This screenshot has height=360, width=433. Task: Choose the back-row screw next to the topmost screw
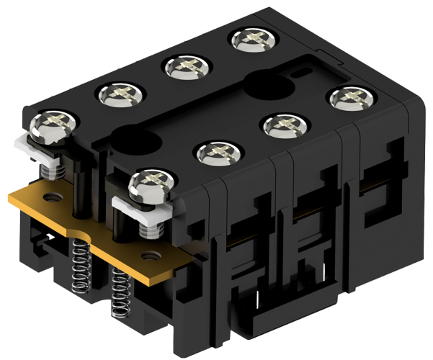[184, 68]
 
